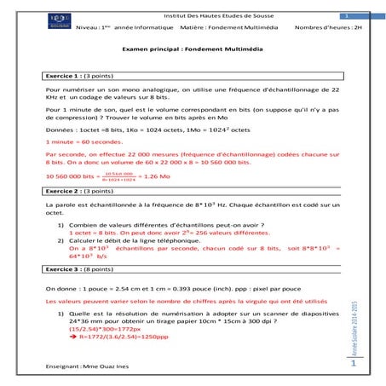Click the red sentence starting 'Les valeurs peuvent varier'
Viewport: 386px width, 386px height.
point(170,302)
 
